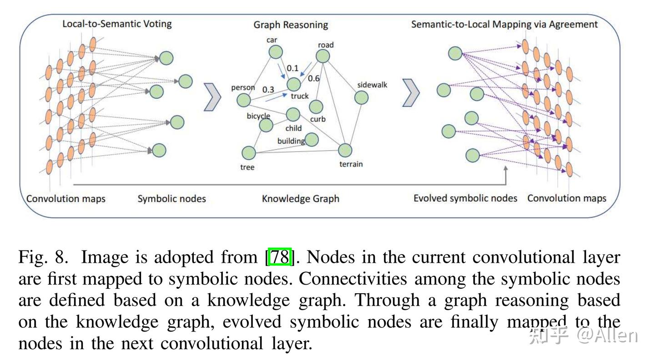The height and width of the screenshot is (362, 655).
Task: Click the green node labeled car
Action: click(276, 52)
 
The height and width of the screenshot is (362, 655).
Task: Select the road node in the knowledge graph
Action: click(322, 56)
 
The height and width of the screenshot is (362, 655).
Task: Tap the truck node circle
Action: click(294, 84)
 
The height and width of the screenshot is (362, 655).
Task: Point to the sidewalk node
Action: click(361, 97)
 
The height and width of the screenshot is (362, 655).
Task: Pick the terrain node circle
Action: click(345, 150)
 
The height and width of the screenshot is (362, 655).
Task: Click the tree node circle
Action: click(248, 153)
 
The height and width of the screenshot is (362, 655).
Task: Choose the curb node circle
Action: click(316, 107)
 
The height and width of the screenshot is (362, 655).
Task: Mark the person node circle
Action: click(244, 100)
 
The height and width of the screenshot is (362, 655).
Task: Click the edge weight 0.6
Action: click(314, 78)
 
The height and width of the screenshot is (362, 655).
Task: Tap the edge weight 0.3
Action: click(268, 89)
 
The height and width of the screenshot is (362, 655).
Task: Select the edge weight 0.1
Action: click(292, 68)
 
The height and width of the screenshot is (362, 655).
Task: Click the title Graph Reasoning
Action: click(291, 25)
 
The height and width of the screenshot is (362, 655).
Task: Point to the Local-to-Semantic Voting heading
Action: click(117, 24)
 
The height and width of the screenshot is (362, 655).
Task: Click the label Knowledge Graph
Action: click(301, 199)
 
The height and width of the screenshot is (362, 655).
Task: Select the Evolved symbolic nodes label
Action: click(465, 198)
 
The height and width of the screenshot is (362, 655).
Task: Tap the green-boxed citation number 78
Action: click(280, 258)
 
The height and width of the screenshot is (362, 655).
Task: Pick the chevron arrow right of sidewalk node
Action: click(411, 93)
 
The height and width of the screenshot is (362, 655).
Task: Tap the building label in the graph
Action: click(291, 141)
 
